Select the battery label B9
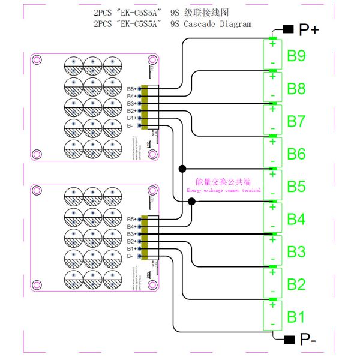pyautogui.click(x=296, y=56)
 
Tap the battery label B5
pyautogui.click(x=296, y=187)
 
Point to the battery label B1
pyautogui.click(x=296, y=316)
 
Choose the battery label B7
pyautogui.click(x=296, y=122)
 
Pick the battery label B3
pyautogui.click(x=296, y=251)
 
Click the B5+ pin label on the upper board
pyautogui.click(x=131, y=89)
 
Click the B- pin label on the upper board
pyautogui.click(x=130, y=125)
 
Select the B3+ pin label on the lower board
pyautogui.click(x=131, y=234)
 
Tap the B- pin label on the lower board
pyautogui.click(x=130, y=256)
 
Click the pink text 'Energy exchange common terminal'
pyautogui.click(x=224, y=190)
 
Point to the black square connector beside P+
pyautogui.click(x=287, y=29)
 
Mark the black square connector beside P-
pyautogui.click(x=288, y=340)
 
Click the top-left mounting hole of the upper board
pyautogui.click(x=37, y=60)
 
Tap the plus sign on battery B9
pyautogui.click(x=272, y=43)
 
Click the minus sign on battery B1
pyautogui.click(x=272, y=324)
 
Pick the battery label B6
pyautogui.click(x=296, y=154)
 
